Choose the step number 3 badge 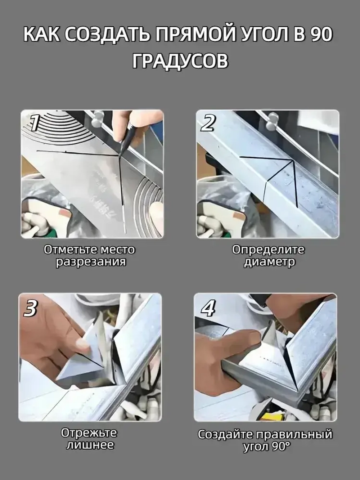(x=30, y=309)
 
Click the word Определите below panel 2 (x=268, y=250)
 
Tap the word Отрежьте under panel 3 (x=89, y=433)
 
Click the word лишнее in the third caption (x=90, y=445)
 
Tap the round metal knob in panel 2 (x=273, y=120)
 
